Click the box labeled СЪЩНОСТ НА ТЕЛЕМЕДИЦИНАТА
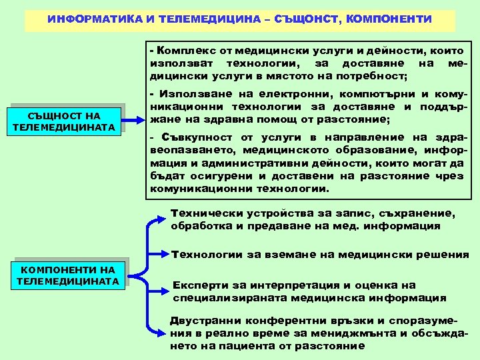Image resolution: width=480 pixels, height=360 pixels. coord(64,121)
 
